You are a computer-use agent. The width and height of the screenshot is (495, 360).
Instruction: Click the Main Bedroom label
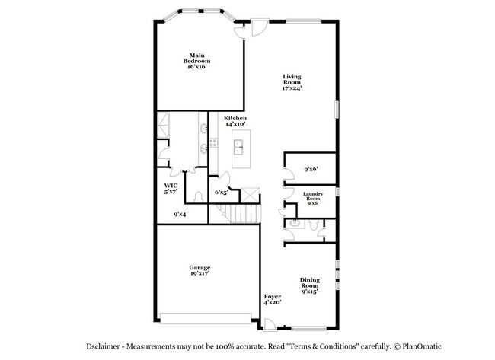(x=196, y=61)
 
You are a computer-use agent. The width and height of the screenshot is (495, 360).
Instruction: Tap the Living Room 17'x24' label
(x=292, y=82)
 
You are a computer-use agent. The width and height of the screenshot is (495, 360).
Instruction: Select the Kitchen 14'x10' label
(x=235, y=121)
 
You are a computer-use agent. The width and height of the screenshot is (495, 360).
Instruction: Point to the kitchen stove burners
(x=214, y=142)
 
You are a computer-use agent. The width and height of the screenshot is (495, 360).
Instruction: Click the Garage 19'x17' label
(x=200, y=270)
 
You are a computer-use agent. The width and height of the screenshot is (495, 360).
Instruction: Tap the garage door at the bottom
(x=206, y=318)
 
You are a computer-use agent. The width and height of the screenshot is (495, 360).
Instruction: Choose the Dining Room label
(x=310, y=285)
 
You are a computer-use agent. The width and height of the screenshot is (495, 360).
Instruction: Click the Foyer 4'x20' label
(x=273, y=299)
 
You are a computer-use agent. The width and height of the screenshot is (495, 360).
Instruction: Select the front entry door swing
(x=270, y=324)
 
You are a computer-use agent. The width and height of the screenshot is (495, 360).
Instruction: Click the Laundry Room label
(x=313, y=199)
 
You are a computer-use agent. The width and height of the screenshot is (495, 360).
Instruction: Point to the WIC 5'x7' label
(x=171, y=188)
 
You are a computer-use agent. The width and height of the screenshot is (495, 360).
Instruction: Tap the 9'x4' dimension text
(x=180, y=214)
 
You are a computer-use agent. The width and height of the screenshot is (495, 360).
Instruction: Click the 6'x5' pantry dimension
(x=222, y=192)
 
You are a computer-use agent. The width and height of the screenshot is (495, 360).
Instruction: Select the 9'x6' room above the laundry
(x=311, y=169)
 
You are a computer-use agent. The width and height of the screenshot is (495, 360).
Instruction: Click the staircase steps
(x=242, y=214)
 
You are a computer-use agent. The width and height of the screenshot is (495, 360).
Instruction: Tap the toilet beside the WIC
(x=198, y=197)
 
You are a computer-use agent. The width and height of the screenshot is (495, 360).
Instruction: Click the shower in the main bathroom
(x=163, y=125)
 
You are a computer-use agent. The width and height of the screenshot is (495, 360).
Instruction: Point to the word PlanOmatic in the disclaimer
(x=422, y=346)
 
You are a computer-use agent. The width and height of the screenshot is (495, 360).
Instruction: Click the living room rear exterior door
(x=260, y=27)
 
